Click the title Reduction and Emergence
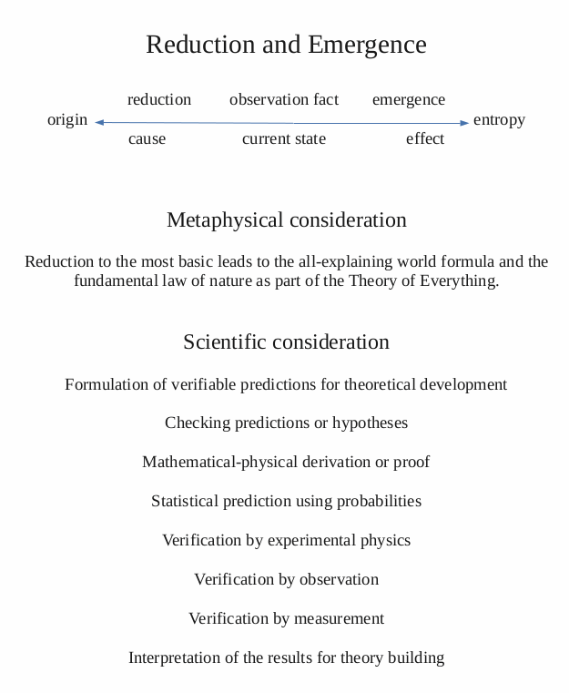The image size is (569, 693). point(286,45)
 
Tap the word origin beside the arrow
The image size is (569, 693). point(67,119)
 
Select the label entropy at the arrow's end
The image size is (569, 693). point(499,119)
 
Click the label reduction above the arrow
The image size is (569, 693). point(159,99)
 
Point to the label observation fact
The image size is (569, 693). point(284,99)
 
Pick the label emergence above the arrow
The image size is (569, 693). point(409,99)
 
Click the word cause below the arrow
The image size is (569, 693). point(147,138)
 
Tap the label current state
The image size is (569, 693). point(284,138)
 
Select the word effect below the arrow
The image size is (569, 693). point(425,138)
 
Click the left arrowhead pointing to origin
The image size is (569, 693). point(98,122)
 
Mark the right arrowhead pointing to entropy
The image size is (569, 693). point(465,122)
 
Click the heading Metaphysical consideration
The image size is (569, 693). point(286,220)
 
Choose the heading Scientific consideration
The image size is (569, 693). point(286,342)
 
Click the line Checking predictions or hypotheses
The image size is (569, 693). point(286,423)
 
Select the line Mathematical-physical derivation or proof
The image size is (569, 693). point(286,462)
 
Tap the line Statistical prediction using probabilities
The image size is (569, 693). point(286,501)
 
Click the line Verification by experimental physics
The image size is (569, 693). point(286,540)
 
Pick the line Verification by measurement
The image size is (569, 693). point(286,618)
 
